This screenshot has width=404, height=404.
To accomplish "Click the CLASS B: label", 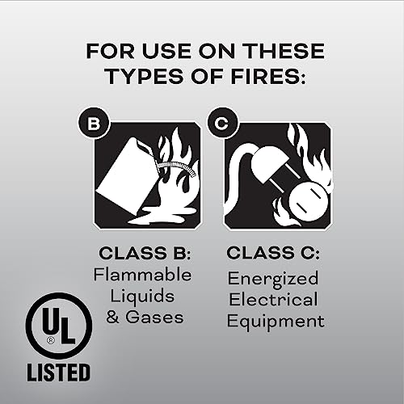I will [145, 254].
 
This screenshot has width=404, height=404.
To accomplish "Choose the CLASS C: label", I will [274, 254].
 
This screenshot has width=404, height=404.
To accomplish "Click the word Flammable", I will [145, 275].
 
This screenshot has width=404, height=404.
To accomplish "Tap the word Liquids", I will [145, 296].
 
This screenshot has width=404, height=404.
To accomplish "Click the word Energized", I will [274, 279].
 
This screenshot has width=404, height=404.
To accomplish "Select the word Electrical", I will [274, 300].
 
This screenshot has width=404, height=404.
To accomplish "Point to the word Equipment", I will [274, 321].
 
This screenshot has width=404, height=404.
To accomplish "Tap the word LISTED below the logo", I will [58, 373].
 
